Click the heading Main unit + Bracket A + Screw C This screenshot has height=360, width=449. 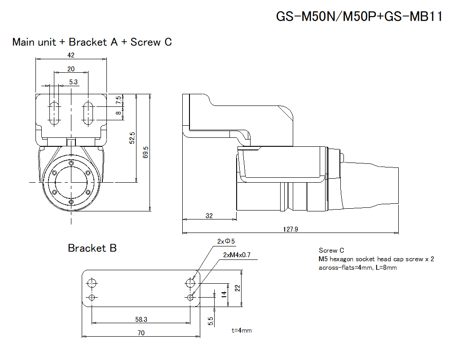coord(92,42)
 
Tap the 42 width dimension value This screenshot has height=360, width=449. coord(70,55)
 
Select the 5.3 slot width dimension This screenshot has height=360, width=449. coord(74,82)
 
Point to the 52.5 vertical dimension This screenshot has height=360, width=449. coord(132,138)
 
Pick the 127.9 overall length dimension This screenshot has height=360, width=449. coord(291,229)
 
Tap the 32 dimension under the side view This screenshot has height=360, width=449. coord(209,215)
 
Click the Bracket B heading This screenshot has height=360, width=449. coord(92,248)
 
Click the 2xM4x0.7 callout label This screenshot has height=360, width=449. coord(237,255)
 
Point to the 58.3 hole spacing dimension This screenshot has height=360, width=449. coord(141,319)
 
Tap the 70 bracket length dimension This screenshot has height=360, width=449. coord(141,333)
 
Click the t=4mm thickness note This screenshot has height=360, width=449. coord(242,330)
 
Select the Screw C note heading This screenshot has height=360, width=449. coord(331,250)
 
